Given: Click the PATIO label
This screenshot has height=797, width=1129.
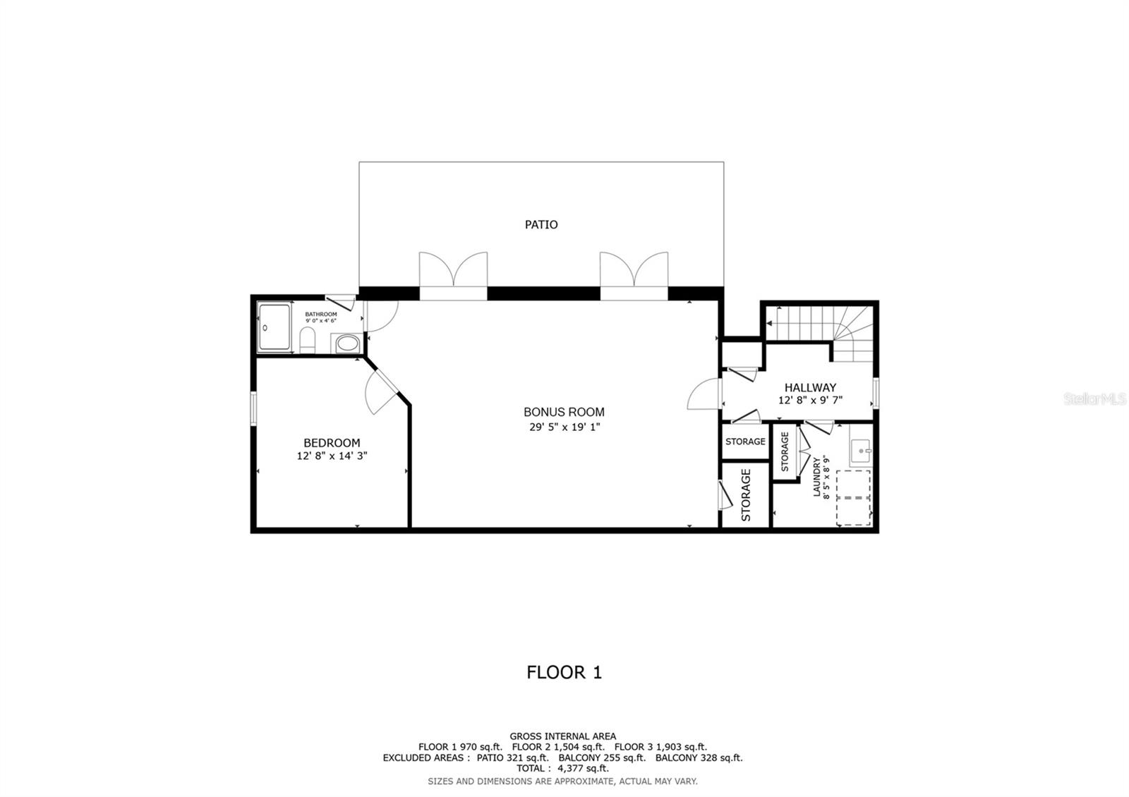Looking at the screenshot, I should point(541,224).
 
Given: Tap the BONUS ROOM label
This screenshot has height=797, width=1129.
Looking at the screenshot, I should point(564,412).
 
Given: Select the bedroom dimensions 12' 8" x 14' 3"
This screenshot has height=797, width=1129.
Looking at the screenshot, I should point(332,456).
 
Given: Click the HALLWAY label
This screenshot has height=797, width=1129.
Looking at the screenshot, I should point(810,387).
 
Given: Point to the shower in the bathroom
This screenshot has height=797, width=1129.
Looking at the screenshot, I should point(274,327).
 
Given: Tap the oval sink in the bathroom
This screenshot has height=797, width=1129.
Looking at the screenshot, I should point(346,344).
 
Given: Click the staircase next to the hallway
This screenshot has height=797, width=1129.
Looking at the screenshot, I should point(819,326).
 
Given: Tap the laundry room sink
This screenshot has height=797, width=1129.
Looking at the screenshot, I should point(861,449).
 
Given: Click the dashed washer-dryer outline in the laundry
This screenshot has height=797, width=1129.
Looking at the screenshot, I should point(853,497).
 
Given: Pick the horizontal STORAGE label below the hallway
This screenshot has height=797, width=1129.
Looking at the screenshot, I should point(745,442).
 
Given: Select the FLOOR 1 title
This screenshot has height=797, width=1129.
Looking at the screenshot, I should point(564,672).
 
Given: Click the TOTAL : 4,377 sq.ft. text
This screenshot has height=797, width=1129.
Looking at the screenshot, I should point(562,768).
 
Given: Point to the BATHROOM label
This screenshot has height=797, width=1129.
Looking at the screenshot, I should point(320,314).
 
